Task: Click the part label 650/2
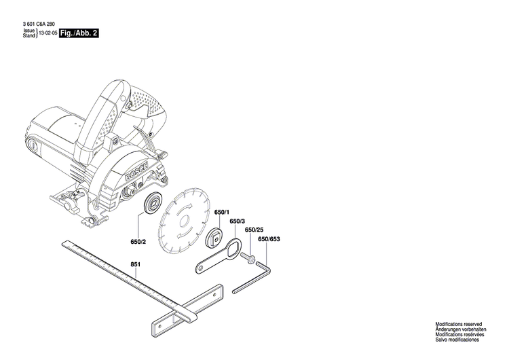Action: tap(138, 241)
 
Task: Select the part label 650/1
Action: tap(222, 213)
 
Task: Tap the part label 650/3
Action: tap(237, 221)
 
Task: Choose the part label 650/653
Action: tap(269, 239)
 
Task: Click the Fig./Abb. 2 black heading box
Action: tap(79, 33)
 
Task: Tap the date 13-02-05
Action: tap(47, 33)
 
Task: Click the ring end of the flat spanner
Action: tap(231, 249)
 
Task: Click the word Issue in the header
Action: tap(29, 31)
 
